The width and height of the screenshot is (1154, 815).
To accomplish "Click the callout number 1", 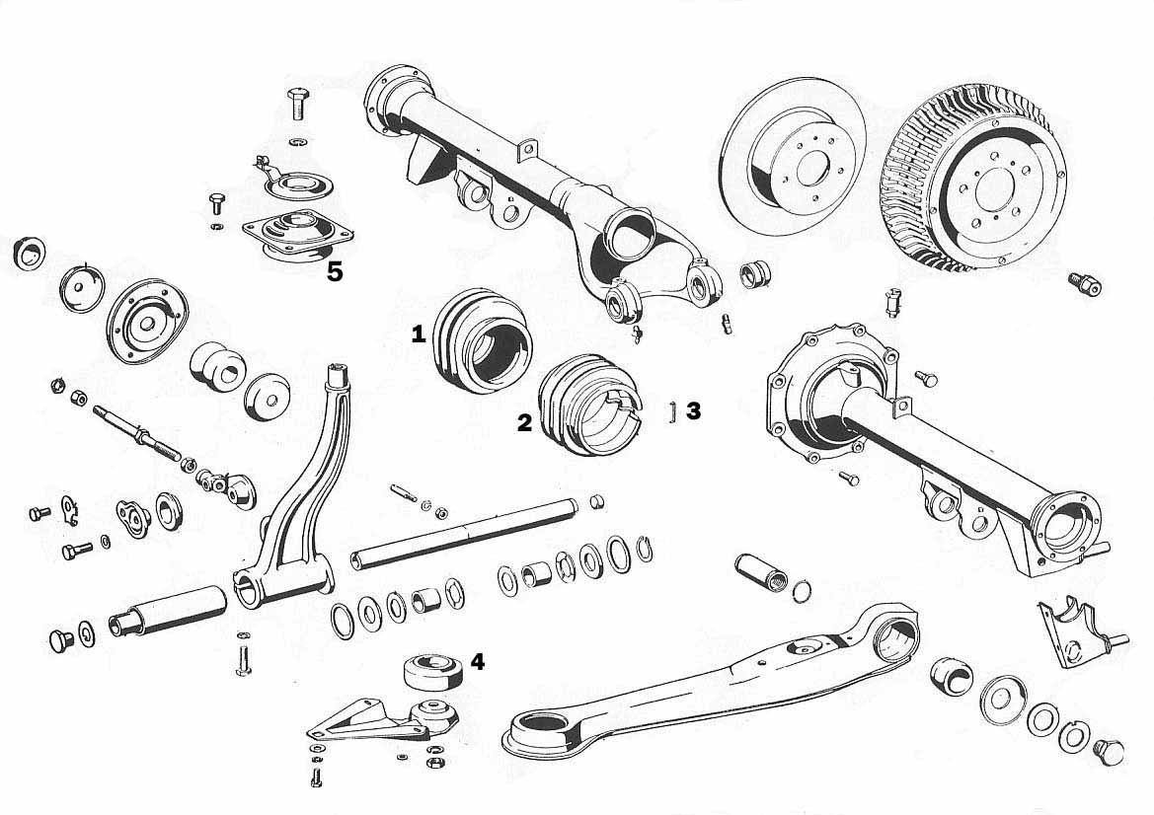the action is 418,335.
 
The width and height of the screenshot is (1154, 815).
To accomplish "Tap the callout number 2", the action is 524,423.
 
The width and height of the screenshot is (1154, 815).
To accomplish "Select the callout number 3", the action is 693,411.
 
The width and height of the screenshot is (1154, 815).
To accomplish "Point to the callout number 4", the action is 478,662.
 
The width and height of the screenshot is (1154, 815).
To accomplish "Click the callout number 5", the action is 335,272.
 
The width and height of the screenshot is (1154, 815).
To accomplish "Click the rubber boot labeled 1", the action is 482,340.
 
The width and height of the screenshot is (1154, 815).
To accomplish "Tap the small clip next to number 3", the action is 673,411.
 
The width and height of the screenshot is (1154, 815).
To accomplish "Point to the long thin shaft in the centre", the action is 465,533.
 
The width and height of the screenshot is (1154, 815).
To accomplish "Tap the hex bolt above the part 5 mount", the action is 298,103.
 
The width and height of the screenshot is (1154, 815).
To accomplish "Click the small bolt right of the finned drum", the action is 1084,283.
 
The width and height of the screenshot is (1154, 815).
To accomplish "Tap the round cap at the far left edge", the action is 30,253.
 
